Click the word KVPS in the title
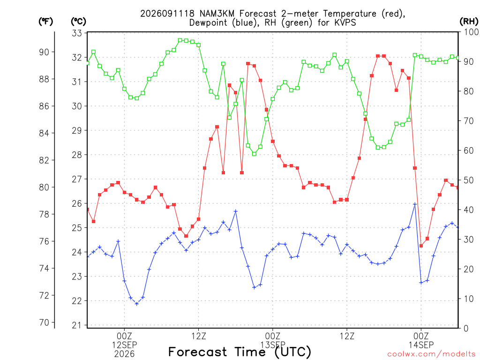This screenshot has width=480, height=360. [345, 22]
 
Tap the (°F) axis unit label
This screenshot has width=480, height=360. [45, 22]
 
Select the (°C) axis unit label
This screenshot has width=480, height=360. [78, 22]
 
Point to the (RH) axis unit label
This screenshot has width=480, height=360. [469, 22]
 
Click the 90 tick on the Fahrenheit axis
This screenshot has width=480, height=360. [44, 52]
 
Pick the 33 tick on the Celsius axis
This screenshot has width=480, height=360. [77, 33]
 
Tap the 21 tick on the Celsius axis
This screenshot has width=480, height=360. [77, 325]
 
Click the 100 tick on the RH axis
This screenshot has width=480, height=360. [471, 32]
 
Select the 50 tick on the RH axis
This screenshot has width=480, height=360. [469, 180]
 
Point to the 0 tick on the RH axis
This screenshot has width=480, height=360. [466, 328]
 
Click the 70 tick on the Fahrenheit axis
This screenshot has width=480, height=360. [44, 322]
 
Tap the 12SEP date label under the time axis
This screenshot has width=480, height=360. [124, 345]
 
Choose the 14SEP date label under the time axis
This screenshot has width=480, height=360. [421, 345]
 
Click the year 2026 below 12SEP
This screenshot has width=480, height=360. [124, 354]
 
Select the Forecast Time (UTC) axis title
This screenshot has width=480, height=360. [240, 352]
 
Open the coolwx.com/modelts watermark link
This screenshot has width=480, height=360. [432, 354]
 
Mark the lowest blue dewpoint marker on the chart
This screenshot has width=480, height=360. [137, 304]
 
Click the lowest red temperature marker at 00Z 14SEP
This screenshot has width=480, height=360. [421, 246]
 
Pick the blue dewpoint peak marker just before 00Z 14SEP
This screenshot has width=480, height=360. [415, 204]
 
